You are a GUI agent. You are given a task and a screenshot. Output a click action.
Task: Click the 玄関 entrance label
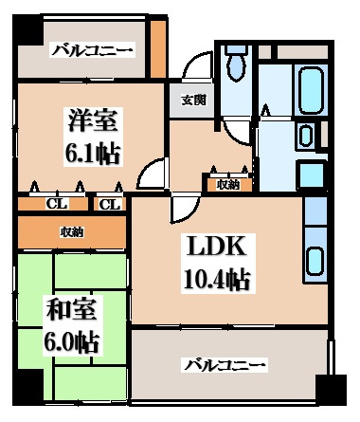click(194, 101)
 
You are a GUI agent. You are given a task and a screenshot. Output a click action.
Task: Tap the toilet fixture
click(237, 63)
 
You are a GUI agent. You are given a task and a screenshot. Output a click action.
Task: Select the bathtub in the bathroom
click(312, 90)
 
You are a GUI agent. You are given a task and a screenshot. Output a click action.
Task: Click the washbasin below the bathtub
click(305, 136)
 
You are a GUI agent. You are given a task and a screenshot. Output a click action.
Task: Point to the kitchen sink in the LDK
click(315, 261)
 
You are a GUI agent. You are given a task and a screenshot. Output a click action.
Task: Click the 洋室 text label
click(93, 119)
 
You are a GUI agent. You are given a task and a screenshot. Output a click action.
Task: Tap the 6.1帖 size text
click(93, 154)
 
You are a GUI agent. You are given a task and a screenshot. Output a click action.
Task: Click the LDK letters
click(217, 245)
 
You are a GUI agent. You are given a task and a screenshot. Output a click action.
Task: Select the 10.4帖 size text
click(218, 279)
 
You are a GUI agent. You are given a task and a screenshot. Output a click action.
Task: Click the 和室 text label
click(71, 308)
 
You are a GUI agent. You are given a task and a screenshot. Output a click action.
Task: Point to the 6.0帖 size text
click(71, 341)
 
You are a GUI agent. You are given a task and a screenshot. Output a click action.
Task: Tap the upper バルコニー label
click(92, 50)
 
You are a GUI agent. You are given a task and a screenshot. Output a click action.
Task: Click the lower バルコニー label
click(225, 365)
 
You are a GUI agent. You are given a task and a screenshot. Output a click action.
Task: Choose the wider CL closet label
click(57, 205)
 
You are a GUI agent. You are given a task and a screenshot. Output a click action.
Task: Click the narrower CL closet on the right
click(109, 205)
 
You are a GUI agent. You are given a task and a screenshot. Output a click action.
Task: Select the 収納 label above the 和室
click(72, 232)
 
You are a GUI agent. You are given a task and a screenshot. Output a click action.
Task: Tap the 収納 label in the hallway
click(228, 185)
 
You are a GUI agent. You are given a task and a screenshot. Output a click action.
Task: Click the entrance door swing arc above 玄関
click(195, 65)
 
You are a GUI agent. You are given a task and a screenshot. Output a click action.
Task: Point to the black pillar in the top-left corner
click(27, 29)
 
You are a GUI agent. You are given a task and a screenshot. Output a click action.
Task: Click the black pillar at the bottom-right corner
click(332, 390)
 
